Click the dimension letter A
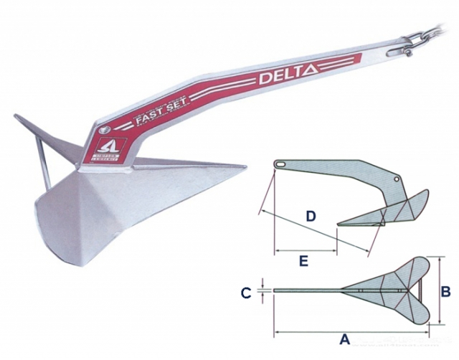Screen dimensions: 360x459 (344, 339)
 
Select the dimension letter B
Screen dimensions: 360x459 (445, 292)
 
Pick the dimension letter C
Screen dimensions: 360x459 (246, 293)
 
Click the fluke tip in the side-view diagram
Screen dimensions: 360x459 (338, 222)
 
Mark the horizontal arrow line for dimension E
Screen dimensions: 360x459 (306, 251)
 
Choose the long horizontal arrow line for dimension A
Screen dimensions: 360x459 (351, 331)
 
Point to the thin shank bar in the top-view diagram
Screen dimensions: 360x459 (308, 290)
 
